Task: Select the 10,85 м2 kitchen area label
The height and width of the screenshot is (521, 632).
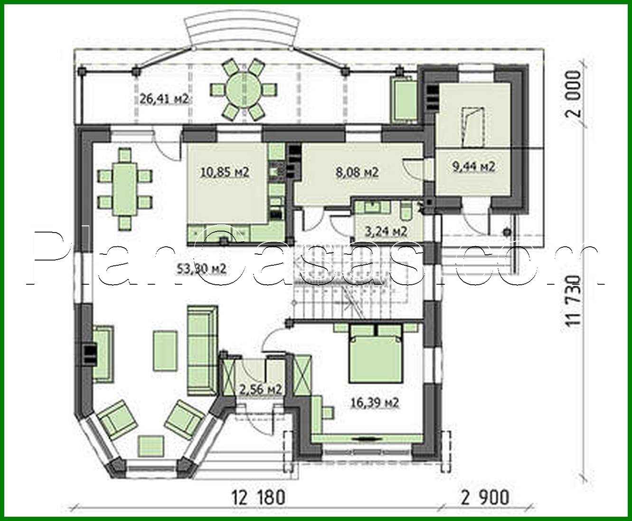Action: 225,172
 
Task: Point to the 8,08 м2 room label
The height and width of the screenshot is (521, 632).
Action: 357,172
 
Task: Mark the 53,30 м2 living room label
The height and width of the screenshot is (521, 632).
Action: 201,269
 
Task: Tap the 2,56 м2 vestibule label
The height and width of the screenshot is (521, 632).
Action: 261,389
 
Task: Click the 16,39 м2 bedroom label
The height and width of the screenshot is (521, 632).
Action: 375,403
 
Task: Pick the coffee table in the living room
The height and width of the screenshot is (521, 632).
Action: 165,351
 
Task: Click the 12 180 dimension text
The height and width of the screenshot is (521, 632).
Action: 259,497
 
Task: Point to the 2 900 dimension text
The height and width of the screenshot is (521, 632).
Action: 484,497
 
